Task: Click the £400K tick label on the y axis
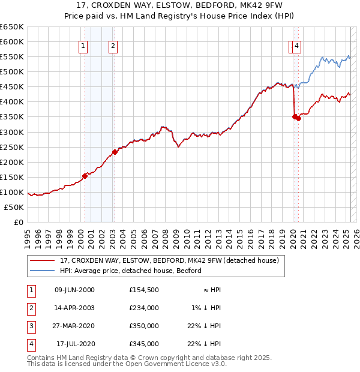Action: (x=13, y=101)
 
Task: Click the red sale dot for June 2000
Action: (x=85, y=175)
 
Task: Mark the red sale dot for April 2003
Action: (x=115, y=151)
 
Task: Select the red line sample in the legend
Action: (x=43, y=261)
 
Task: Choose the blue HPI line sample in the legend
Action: (x=43, y=271)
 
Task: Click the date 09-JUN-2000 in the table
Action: (x=74, y=290)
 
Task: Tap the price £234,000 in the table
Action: (x=144, y=308)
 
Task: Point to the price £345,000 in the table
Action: (x=144, y=344)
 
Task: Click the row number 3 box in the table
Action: (x=31, y=326)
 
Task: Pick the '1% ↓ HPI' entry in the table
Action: (x=206, y=308)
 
